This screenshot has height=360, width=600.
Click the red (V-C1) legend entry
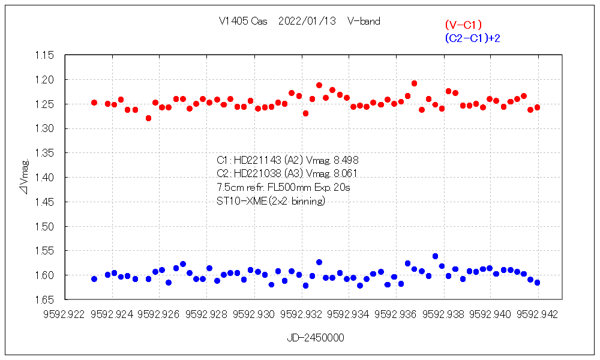click(x=463, y=25)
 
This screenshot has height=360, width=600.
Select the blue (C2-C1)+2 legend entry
click(x=472, y=38)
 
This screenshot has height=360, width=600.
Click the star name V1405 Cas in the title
click(x=243, y=21)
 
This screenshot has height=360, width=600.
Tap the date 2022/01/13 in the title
click(x=307, y=21)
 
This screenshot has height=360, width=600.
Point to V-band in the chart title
click(x=363, y=21)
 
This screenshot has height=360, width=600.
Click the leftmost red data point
click(x=94, y=103)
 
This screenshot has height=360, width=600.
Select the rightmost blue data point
click(x=537, y=283)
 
